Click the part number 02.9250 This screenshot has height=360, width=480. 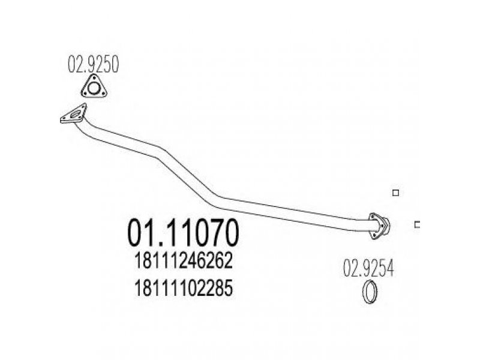(93, 64)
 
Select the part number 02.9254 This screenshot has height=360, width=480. (368, 268)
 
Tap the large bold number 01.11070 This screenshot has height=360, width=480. (183, 232)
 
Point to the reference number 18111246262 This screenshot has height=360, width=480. (184, 261)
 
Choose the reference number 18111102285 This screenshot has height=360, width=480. (184, 288)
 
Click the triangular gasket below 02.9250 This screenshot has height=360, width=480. (94, 87)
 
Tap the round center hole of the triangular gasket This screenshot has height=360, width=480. (94, 88)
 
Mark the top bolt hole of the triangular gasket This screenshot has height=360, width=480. (94, 78)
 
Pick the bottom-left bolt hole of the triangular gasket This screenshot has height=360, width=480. (84, 92)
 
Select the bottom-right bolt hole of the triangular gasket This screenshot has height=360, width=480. (103, 92)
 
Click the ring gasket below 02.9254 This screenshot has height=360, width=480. (370, 292)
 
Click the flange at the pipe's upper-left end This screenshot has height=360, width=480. (73, 114)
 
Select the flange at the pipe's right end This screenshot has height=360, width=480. (379, 226)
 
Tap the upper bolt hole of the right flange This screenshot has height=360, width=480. (373, 217)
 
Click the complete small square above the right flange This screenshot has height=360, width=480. (396, 193)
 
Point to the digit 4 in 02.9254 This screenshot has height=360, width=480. (389, 268)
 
